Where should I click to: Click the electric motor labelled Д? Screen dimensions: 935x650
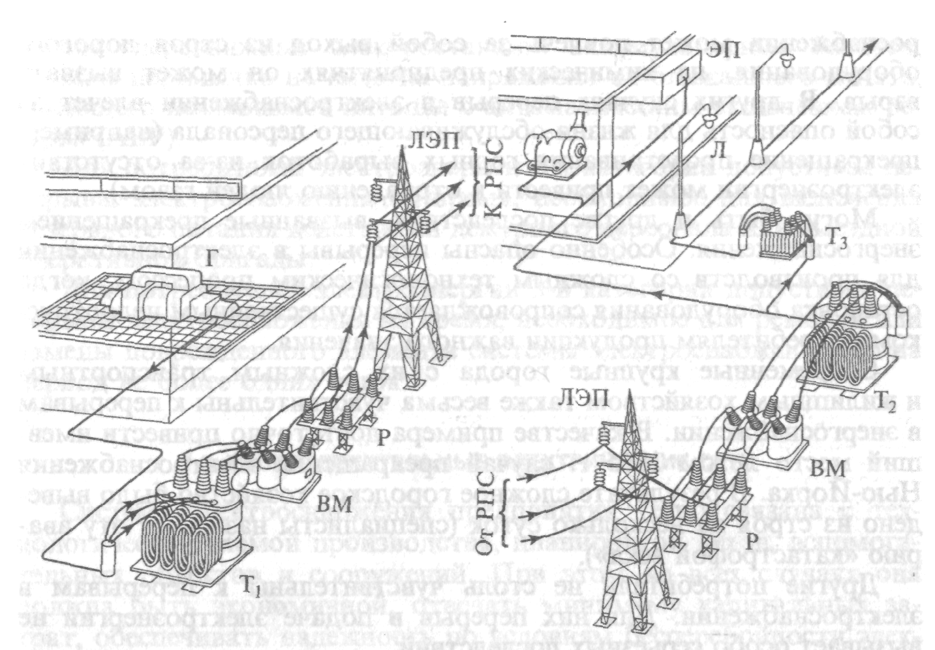tap(560, 151)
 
